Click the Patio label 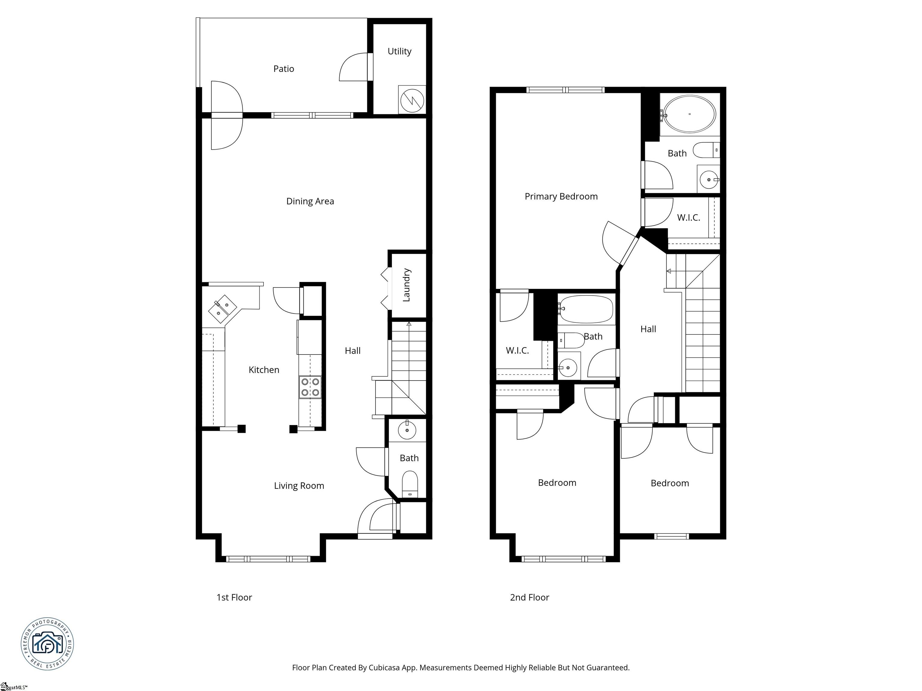coord(283,69)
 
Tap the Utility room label coord(399,51)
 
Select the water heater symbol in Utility coord(412,100)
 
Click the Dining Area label coord(310,201)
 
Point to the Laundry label coord(406,285)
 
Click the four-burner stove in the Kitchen coord(310,387)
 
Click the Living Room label coord(299,486)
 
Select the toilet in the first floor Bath coord(410,484)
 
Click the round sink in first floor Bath coord(407,430)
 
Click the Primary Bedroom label coord(561,196)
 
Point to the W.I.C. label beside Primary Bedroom coord(688,217)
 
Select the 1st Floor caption coord(234,597)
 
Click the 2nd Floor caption coord(529,597)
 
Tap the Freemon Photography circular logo coord(47,644)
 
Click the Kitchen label coord(264,370)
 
